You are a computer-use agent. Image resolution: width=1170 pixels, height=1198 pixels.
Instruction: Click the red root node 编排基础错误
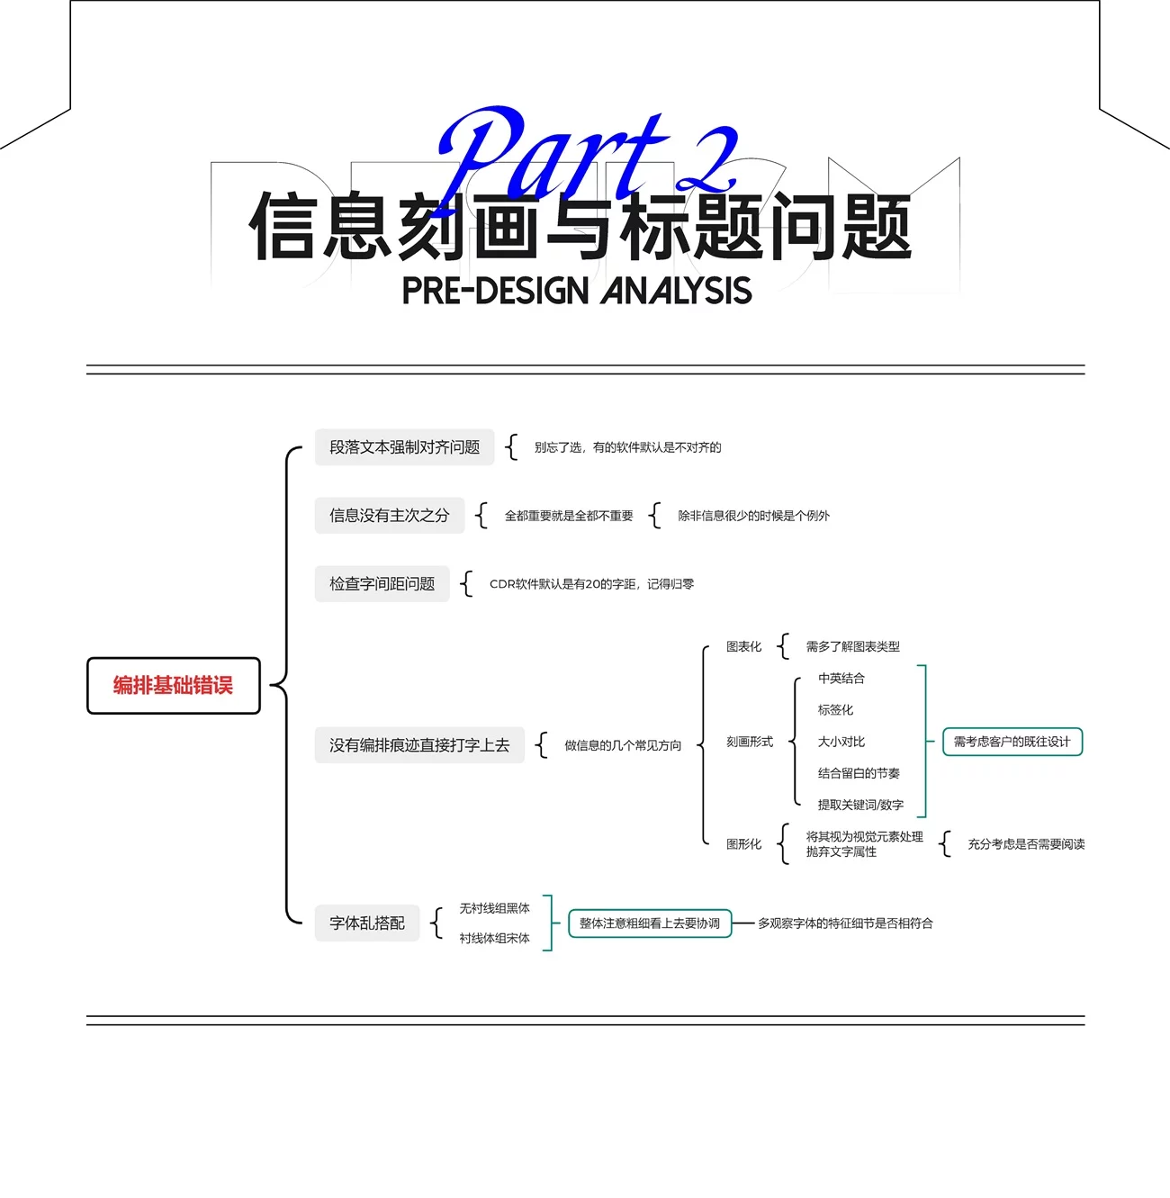point(173,686)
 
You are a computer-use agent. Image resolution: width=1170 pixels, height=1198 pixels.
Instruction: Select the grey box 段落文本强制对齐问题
point(404,447)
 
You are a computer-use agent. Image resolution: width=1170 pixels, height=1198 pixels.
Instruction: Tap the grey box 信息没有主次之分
point(389,516)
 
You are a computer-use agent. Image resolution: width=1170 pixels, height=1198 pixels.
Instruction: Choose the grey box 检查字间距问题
point(382,584)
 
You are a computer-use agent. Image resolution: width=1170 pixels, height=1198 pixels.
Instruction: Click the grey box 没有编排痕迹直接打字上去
point(419,745)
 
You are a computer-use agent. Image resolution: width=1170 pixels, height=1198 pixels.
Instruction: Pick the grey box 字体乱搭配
point(367,923)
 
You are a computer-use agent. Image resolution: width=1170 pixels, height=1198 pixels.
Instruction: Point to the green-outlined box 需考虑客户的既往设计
point(1012,742)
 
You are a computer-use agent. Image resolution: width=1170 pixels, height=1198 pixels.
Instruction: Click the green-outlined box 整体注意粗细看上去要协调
point(650,923)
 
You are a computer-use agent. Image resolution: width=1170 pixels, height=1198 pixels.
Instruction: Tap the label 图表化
point(743,646)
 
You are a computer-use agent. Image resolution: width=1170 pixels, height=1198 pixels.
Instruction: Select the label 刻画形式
point(750,742)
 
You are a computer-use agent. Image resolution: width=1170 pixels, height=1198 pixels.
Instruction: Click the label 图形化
point(743,844)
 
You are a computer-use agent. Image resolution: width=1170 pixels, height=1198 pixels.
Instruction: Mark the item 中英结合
point(841,679)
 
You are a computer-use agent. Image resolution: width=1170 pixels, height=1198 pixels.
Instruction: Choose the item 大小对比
point(841,742)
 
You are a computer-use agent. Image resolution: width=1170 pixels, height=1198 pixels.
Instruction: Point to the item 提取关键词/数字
point(860,805)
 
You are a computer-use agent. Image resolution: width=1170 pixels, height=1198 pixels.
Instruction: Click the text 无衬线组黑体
point(494,908)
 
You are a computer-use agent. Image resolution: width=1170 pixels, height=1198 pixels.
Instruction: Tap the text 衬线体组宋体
point(494,938)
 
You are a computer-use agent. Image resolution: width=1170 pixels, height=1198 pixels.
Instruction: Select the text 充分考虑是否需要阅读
point(1026,844)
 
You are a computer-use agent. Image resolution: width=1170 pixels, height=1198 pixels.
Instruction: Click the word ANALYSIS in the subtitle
point(677,291)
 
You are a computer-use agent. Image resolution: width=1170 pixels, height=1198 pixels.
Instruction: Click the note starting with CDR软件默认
point(591,584)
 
